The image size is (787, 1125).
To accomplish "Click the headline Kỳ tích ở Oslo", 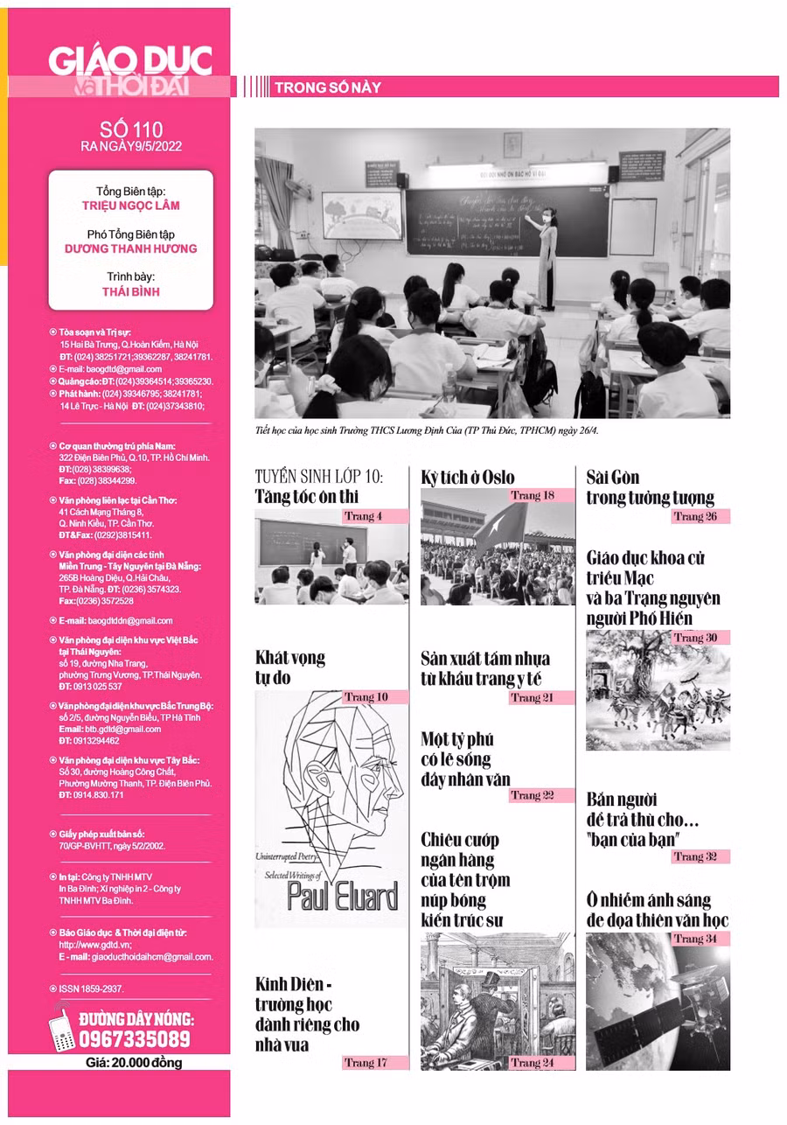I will pyautogui.click(x=468, y=478).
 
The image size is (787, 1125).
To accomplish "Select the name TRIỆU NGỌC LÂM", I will pyautogui.click(x=130, y=206).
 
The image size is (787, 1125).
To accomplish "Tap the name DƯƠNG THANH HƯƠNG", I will pyautogui.click(x=130, y=248).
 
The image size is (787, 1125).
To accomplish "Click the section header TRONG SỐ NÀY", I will pyautogui.click(x=327, y=87).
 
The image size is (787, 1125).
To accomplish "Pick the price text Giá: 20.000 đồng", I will pyautogui.click(x=134, y=1063).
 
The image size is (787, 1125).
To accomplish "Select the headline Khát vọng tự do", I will pyautogui.click(x=290, y=667).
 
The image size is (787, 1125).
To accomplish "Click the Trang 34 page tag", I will pyautogui.click(x=696, y=939).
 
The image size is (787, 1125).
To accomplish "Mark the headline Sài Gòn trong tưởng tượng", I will pyautogui.click(x=650, y=488).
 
